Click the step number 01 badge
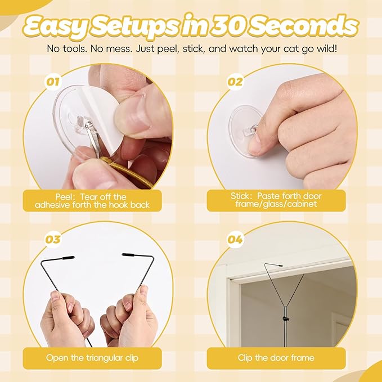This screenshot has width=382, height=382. tap(53, 82)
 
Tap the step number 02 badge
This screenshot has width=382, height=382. tap(235, 82)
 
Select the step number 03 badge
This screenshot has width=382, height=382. tap(53, 239)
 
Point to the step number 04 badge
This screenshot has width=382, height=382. tap(235, 239)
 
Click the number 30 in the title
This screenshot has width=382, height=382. tap(227, 26)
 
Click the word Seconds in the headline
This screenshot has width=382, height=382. tap(304, 26)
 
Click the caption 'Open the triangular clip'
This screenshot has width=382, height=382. tap(92, 358)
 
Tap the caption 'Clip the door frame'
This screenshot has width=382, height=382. tap(276, 358)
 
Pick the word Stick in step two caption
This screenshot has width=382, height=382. tap(240, 196)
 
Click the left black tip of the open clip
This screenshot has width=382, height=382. tap(68, 258)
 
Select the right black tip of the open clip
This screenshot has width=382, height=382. tap(128, 255)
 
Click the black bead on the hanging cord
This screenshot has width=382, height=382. tap(285, 318)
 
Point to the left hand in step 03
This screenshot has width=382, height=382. tap(65, 319)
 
